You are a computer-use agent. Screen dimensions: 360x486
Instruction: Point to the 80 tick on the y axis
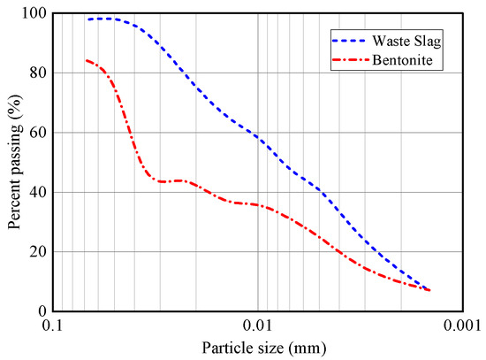pyautogui.click(x=37, y=73)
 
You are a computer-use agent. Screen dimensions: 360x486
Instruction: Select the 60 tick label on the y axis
pyautogui.click(x=37, y=133)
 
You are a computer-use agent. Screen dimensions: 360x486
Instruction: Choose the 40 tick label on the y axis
pyautogui.click(x=37, y=192)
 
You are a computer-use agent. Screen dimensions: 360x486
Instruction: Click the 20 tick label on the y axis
pyautogui.click(x=37, y=251)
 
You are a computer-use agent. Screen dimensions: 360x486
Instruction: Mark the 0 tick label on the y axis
pyautogui.click(x=41, y=311)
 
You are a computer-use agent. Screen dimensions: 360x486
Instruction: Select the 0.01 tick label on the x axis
pyautogui.click(x=258, y=326)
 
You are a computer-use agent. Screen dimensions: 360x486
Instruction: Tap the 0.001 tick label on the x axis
pyautogui.click(x=462, y=326)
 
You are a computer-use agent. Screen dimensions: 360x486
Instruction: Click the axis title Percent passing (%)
pyautogui.click(x=14, y=162)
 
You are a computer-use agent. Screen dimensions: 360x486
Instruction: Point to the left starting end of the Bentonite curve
pyautogui.click(x=86, y=60)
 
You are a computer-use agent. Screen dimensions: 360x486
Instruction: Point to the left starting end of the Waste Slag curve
pyautogui.click(x=87, y=19)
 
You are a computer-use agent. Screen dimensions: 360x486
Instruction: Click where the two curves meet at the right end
pyautogui.click(x=429, y=290)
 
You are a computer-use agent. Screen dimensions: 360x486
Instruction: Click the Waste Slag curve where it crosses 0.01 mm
pyautogui.click(x=258, y=137)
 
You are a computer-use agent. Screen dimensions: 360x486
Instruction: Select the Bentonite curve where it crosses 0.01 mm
pyautogui.click(x=258, y=205)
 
